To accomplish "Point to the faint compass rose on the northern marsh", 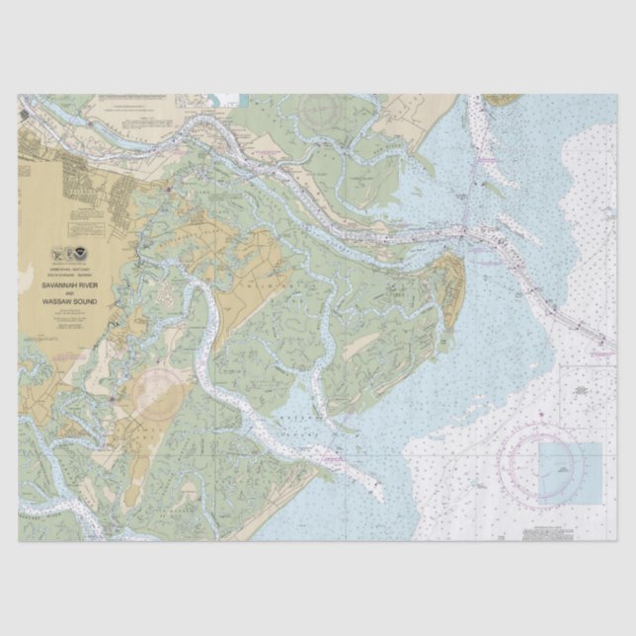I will [x=322, y=115].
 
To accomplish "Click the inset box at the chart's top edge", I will [x=228, y=99].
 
